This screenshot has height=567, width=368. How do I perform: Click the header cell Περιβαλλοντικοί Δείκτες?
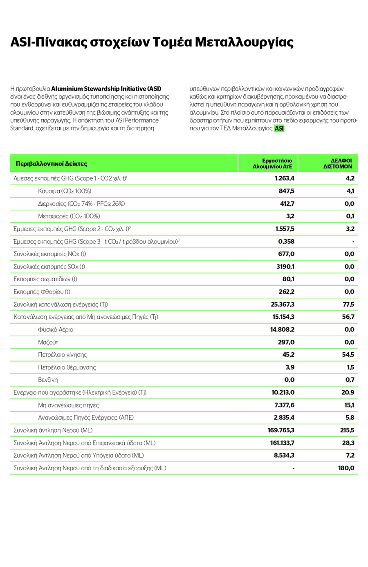51,164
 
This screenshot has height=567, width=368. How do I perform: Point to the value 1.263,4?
284,178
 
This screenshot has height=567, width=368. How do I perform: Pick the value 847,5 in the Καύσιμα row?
286,191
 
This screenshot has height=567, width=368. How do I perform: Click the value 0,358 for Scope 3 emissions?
286,241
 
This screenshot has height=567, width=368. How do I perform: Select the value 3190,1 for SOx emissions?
285,267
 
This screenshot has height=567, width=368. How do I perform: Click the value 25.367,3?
283,305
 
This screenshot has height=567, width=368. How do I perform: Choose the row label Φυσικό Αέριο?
56,329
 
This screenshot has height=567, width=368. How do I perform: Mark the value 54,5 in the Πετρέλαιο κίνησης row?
348,355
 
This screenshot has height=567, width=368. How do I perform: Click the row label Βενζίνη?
48,380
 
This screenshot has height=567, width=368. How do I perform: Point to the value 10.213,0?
283,392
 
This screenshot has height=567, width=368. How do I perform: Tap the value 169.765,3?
281,430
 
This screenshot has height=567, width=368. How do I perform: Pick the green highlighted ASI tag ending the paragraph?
279,129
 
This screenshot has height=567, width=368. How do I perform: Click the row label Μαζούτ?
48,342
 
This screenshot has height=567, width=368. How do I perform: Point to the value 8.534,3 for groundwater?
284,455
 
